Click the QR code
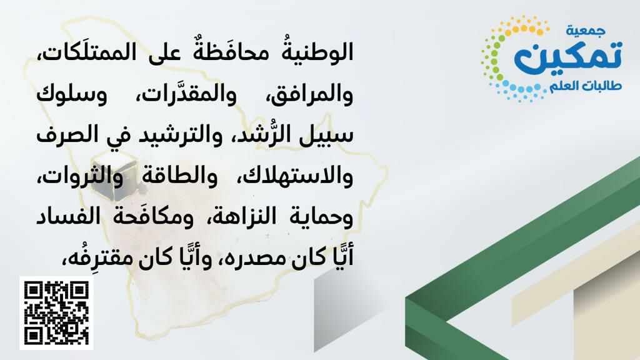[56, 313]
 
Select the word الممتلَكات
[85, 52]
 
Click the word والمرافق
[310, 94]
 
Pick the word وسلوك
[72, 94]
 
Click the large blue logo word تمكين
[567, 56]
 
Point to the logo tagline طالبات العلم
[585, 86]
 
